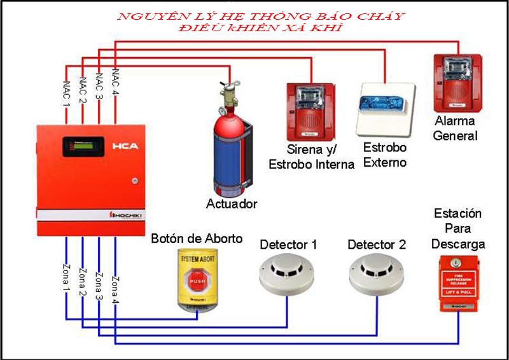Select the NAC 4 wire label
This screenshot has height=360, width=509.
point(115,81)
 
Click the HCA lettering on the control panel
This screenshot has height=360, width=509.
point(124,146)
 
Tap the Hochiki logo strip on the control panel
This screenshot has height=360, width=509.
point(129,216)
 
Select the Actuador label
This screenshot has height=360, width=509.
point(232,204)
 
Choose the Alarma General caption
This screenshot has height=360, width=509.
point(455,128)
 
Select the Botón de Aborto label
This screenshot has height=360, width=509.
point(197,239)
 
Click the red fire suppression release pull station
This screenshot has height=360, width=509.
point(458,283)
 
